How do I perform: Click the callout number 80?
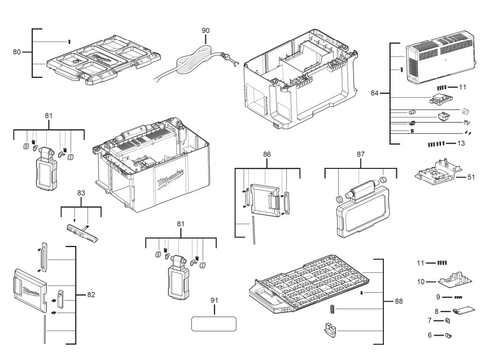16,49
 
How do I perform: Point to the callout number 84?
375,93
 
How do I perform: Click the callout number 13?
461,144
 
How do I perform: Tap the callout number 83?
84,197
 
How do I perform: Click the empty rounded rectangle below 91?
213,324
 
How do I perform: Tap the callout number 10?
420,282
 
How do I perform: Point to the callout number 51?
471,179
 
